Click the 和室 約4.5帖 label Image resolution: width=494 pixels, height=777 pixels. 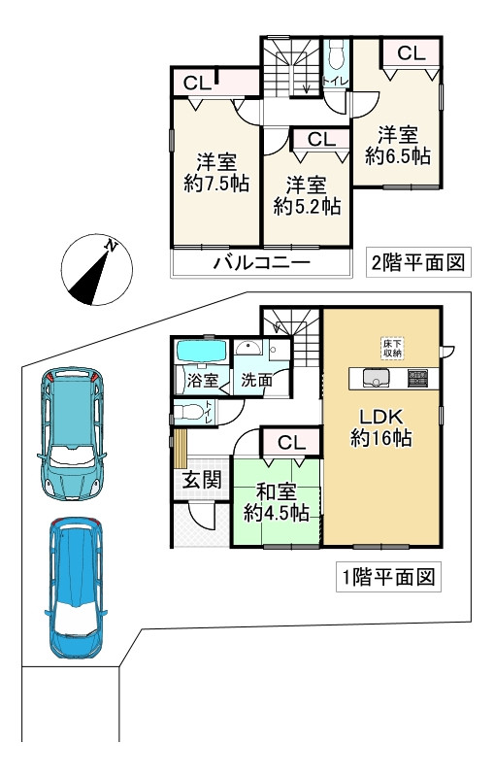click(x=276, y=500)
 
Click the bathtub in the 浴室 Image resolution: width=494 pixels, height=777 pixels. click(x=201, y=351)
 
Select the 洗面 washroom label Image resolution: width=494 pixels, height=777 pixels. click(x=257, y=381)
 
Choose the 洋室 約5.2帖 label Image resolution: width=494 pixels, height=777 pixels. click(x=306, y=194)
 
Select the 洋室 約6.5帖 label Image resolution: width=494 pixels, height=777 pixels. click(x=398, y=144)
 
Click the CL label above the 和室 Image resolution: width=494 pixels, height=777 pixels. click(x=292, y=443)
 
